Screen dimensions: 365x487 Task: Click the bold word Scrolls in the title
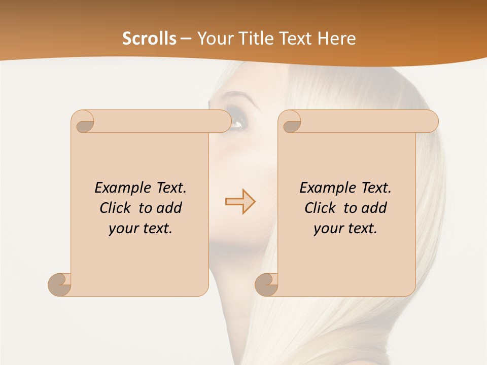(149, 39)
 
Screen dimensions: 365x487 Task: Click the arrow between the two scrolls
(240, 202)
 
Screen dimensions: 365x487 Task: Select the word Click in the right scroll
(320, 208)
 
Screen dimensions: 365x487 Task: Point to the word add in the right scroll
(374, 208)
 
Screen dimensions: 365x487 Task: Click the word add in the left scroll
(169, 208)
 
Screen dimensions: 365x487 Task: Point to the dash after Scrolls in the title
(186, 39)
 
